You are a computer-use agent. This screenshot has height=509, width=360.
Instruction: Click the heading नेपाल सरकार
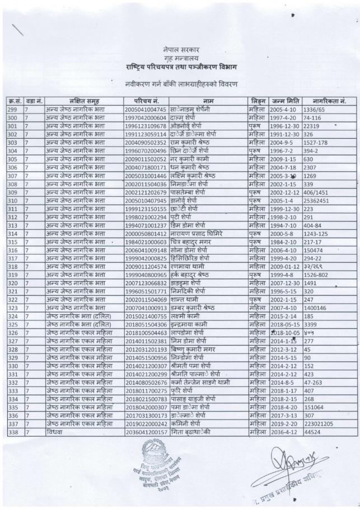(180, 50)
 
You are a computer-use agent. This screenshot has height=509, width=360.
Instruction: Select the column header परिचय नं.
(144, 100)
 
